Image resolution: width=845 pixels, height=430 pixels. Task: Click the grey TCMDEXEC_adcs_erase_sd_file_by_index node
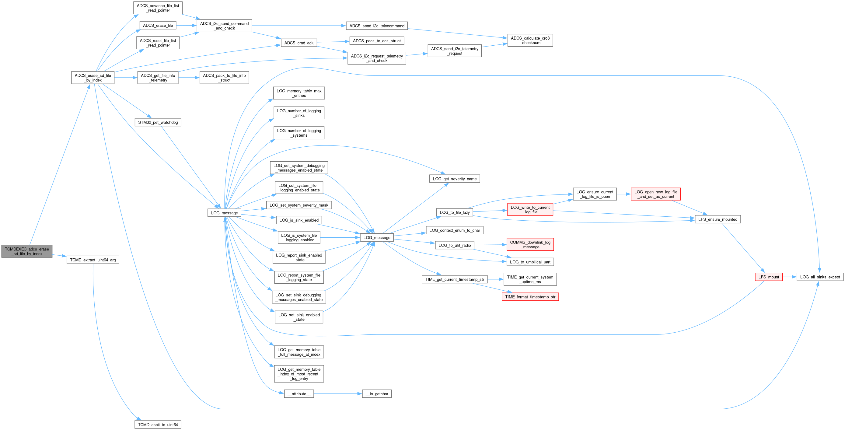pos(27,251)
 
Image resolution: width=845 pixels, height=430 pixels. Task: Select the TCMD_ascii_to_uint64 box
pos(158,425)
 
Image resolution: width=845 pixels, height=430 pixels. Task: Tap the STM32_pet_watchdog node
pos(158,122)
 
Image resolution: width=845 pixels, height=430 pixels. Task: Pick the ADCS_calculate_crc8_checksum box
pos(530,40)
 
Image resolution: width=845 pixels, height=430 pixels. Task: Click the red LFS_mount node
pos(768,277)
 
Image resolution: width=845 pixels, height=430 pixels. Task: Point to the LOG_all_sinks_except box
pos(820,277)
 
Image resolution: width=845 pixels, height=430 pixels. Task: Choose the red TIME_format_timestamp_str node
pos(530,297)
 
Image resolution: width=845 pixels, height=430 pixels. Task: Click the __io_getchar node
pos(377,393)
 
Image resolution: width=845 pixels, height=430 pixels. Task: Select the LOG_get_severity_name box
pos(454,179)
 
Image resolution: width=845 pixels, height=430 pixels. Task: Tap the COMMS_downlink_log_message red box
pos(530,244)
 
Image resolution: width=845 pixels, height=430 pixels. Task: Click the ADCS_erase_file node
pos(158,25)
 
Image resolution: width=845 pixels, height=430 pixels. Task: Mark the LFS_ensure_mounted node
pos(718,219)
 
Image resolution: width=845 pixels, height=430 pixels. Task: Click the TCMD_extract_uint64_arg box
pos(93,260)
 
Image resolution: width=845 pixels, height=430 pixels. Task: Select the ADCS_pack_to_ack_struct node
pos(377,41)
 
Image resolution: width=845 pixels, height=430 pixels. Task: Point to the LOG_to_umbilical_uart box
pos(530,262)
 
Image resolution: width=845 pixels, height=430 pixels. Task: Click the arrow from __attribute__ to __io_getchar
pos(338,393)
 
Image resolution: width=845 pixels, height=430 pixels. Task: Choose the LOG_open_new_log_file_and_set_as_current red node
pos(655,194)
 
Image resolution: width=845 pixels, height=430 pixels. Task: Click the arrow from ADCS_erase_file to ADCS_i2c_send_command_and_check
pos(186,25)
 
